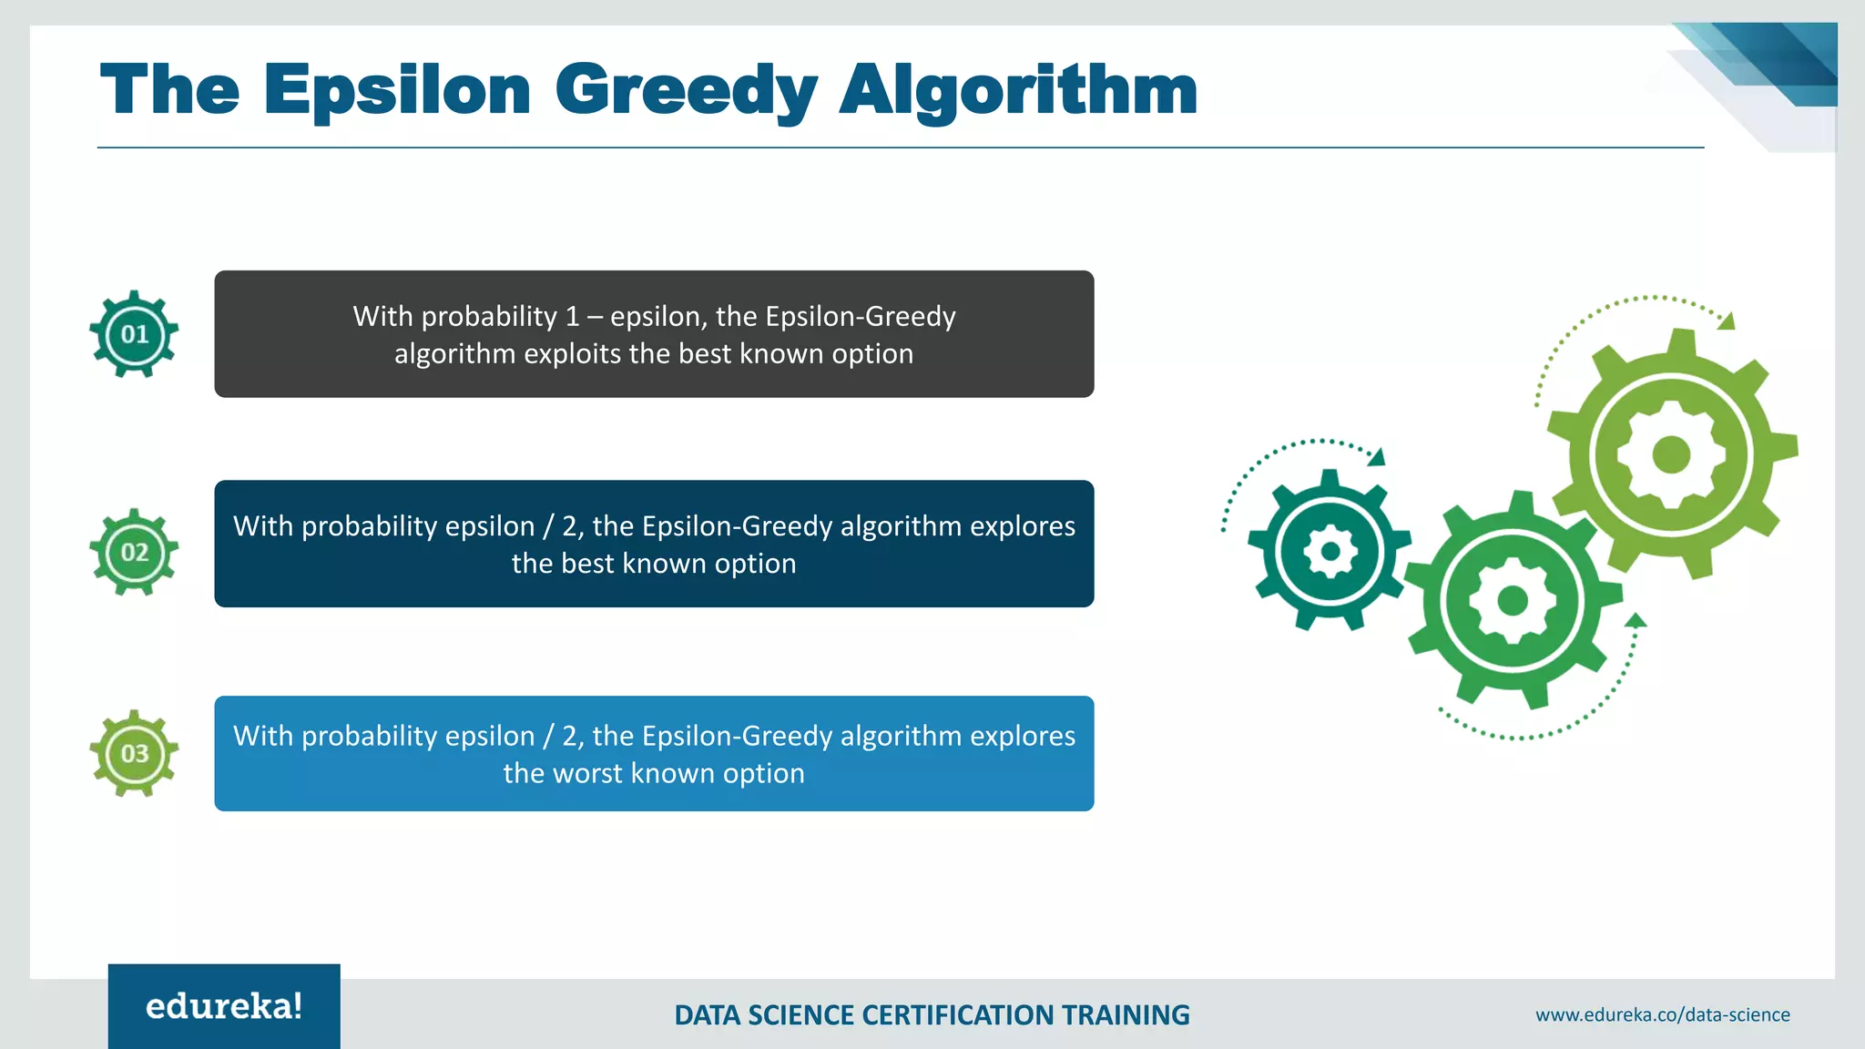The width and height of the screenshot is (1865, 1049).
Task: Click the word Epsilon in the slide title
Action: [x=397, y=91]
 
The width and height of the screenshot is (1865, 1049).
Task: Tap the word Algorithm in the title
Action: [x=1017, y=91]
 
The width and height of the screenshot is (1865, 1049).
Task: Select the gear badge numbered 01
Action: [x=134, y=334]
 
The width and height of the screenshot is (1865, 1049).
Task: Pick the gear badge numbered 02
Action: [x=134, y=552]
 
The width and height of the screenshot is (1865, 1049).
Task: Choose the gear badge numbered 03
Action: [x=134, y=753]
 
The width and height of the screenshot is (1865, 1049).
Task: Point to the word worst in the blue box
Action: [x=587, y=773]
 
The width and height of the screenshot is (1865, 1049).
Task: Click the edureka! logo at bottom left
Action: [x=224, y=1006]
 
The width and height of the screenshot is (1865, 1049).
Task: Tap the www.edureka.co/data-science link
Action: [x=1662, y=1014]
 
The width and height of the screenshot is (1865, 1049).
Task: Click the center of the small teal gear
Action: [x=1330, y=551]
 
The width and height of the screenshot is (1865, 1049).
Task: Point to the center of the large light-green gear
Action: [x=1671, y=453]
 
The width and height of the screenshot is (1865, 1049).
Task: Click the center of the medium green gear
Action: [x=1513, y=600]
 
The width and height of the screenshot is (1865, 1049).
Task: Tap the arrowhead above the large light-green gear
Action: [x=1727, y=321]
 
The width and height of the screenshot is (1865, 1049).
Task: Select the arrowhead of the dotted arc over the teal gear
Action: [x=1377, y=457]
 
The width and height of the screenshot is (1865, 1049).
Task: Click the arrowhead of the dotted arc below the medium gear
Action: [x=1636, y=620]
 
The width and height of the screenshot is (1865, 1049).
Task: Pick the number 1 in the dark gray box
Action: [x=572, y=316]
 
